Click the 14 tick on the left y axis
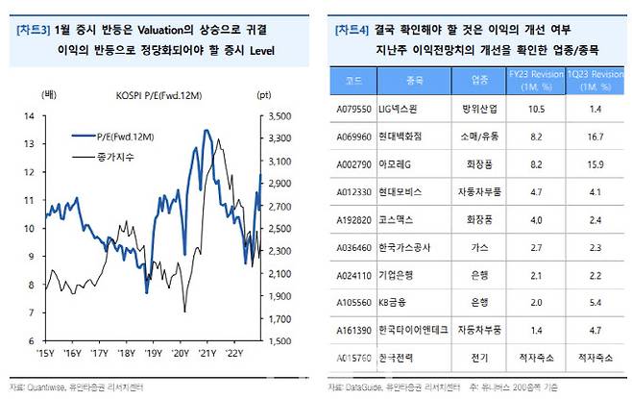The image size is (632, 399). pyautogui.click(x=28, y=116)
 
